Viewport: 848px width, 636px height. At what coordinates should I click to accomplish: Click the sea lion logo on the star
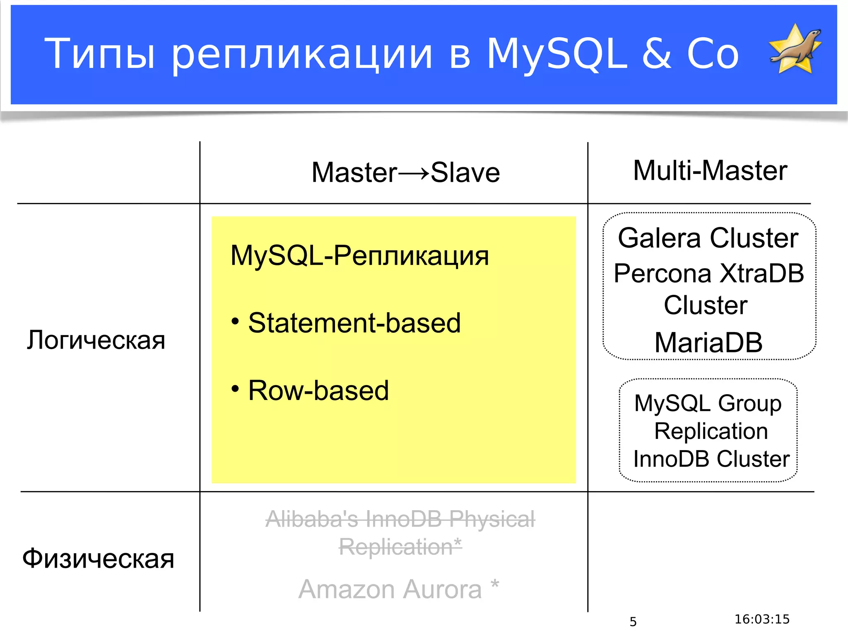click(x=795, y=49)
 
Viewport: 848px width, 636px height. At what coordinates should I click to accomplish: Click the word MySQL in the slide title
click(x=557, y=54)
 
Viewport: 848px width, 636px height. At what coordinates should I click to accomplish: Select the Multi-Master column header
click(x=710, y=171)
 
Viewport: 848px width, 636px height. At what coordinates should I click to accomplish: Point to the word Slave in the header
click(x=465, y=173)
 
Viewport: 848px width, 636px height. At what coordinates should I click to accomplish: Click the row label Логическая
click(x=96, y=340)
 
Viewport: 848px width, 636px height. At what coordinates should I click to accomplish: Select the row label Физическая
click(x=98, y=559)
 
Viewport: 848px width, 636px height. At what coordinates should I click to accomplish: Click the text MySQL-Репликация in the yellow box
click(x=359, y=255)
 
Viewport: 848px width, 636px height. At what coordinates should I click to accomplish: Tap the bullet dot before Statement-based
click(x=235, y=321)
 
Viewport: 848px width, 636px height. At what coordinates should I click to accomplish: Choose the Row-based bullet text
click(x=318, y=390)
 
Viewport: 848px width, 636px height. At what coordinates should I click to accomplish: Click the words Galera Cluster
click(x=708, y=238)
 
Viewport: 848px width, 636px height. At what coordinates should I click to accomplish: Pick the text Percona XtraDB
click(x=708, y=274)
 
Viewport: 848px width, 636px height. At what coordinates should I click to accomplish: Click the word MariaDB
click(x=708, y=342)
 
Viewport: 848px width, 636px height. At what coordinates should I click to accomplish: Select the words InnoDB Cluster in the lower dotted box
click(x=711, y=459)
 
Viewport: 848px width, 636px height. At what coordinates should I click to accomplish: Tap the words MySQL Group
click(x=708, y=403)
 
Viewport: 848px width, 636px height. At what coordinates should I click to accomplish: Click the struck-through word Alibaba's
click(x=311, y=519)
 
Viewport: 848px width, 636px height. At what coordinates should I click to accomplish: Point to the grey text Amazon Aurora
click(x=390, y=589)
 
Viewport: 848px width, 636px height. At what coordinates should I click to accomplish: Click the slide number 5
click(x=633, y=622)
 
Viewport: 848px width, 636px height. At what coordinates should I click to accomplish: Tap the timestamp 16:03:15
click(x=762, y=619)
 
